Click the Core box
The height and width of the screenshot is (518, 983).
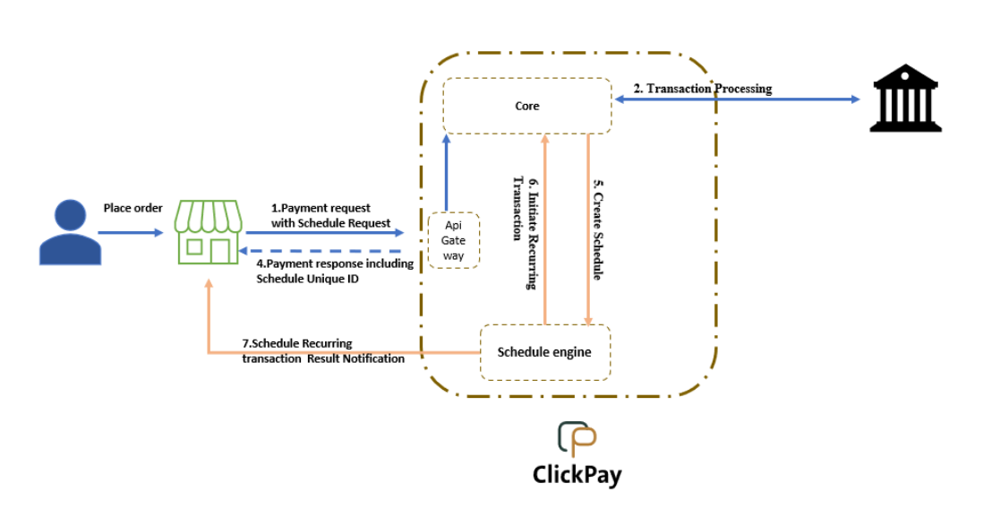[x=527, y=106]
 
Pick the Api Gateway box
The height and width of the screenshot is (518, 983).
[x=454, y=240]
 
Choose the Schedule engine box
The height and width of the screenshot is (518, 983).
[x=544, y=352]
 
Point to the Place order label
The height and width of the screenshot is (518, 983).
[x=133, y=208]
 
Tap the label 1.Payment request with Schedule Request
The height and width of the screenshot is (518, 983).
[x=330, y=215]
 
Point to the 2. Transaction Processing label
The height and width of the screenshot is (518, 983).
[x=703, y=89]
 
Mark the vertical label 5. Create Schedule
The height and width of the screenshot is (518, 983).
[x=598, y=229]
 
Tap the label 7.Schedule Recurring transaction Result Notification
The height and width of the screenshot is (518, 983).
[x=323, y=350]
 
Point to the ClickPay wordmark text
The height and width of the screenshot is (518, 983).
[x=577, y=472]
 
